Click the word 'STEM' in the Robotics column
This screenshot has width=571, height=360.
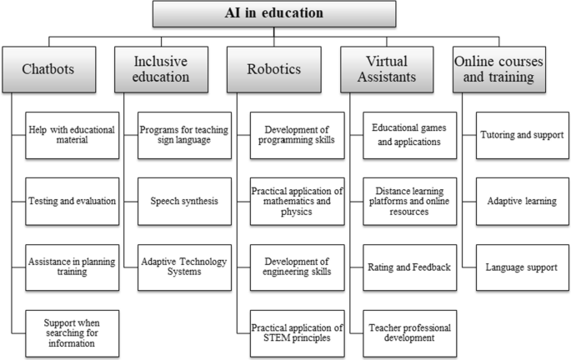[x=264, y=337]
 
